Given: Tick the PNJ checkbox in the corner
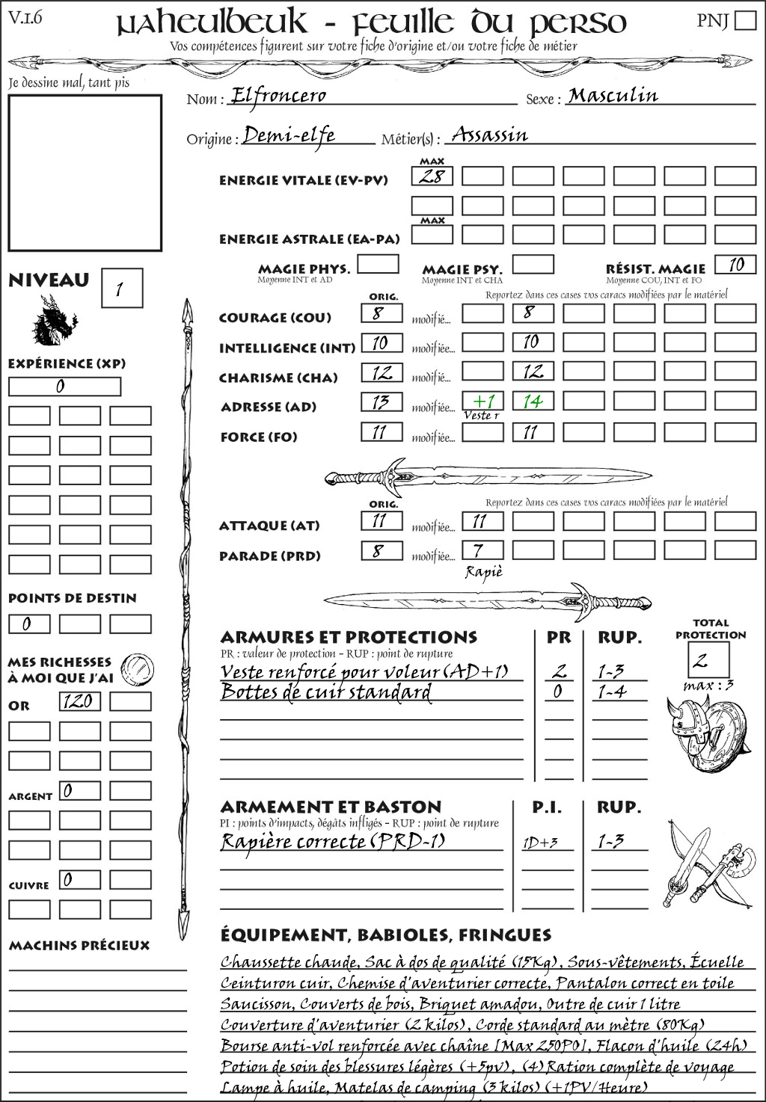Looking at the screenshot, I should [745, 20].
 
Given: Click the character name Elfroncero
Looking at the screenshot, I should [278, 96].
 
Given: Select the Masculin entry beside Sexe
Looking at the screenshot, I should [613, 96].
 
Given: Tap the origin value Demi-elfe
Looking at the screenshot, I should [289, 135].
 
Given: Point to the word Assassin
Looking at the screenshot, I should [490, 135].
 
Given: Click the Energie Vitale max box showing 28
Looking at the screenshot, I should [432, 176].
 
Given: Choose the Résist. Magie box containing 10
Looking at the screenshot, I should [735, 265].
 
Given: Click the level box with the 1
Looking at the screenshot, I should [121, 289].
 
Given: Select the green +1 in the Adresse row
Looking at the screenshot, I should [482, 401].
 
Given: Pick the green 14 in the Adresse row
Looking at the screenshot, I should [533, 401].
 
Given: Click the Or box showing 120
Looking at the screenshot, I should [79, 701].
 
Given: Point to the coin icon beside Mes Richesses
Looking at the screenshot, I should [138, 668].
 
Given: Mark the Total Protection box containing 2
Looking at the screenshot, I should [708, 659].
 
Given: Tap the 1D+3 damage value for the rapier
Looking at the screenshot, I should [540, 843].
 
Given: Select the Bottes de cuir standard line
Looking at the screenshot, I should [326, 692].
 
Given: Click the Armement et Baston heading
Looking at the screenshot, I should [331, 807].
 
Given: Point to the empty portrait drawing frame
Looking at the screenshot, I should [85, 173].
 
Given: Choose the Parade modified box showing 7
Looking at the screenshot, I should [482, 551].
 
